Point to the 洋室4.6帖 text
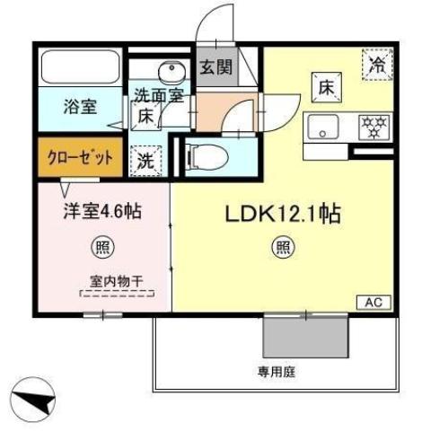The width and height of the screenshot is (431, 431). click(x=102, y=213)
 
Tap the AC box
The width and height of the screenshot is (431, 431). click(x=374, y=303)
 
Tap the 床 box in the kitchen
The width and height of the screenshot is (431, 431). click(x=324, y=87)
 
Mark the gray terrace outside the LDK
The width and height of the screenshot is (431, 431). click(x=304, y=337)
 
